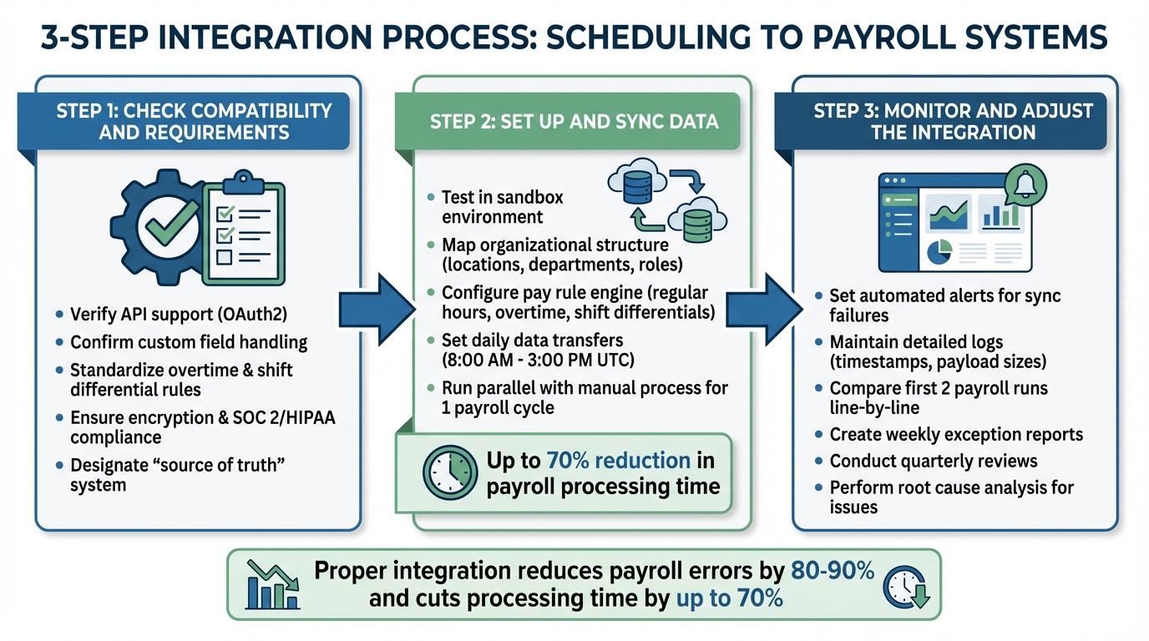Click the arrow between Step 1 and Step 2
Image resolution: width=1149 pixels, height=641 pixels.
(x=376, y=307)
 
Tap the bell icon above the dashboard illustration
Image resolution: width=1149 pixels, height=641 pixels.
(x=1025, y=185)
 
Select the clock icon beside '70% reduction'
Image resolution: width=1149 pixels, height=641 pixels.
(x=449, y=472)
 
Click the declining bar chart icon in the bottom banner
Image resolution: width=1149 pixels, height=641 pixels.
(x=272, y=584)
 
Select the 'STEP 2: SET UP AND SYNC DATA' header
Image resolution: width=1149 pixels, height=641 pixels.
(x=574, y=122)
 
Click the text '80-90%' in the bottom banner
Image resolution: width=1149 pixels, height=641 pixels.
(x=832, y=571)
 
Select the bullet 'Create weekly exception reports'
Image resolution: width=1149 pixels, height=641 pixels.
(x=955, y=434)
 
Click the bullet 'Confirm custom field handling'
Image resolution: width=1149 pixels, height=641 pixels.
(x=189, y=342)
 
